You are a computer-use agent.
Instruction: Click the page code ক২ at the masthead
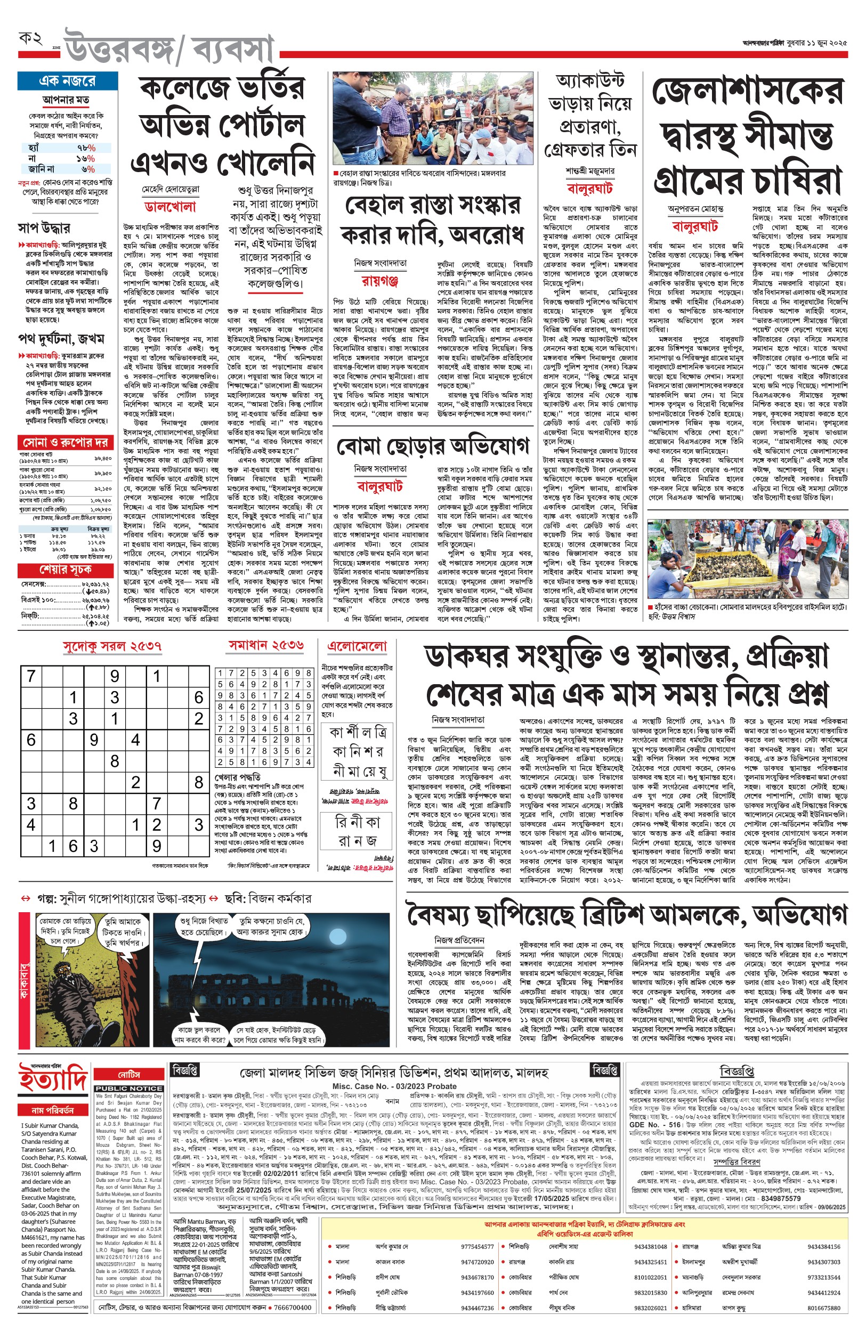[x=31, y=39]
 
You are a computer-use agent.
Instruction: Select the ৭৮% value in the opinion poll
[x=86, y=148]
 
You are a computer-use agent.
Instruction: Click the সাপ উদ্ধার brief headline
[x=44, y=228]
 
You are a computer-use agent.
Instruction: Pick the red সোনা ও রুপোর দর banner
[x=66, y=442]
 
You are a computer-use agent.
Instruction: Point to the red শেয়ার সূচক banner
[x=66, y=570]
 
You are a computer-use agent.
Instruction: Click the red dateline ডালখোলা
[x=171, y=207]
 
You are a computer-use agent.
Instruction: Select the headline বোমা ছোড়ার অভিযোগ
[x=432, y=447]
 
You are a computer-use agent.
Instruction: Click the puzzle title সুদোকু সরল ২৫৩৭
[x=112, y=646]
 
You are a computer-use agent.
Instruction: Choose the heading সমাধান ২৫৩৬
[x=266, y=645]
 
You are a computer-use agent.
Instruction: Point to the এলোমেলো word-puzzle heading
[x=357, y=646]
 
